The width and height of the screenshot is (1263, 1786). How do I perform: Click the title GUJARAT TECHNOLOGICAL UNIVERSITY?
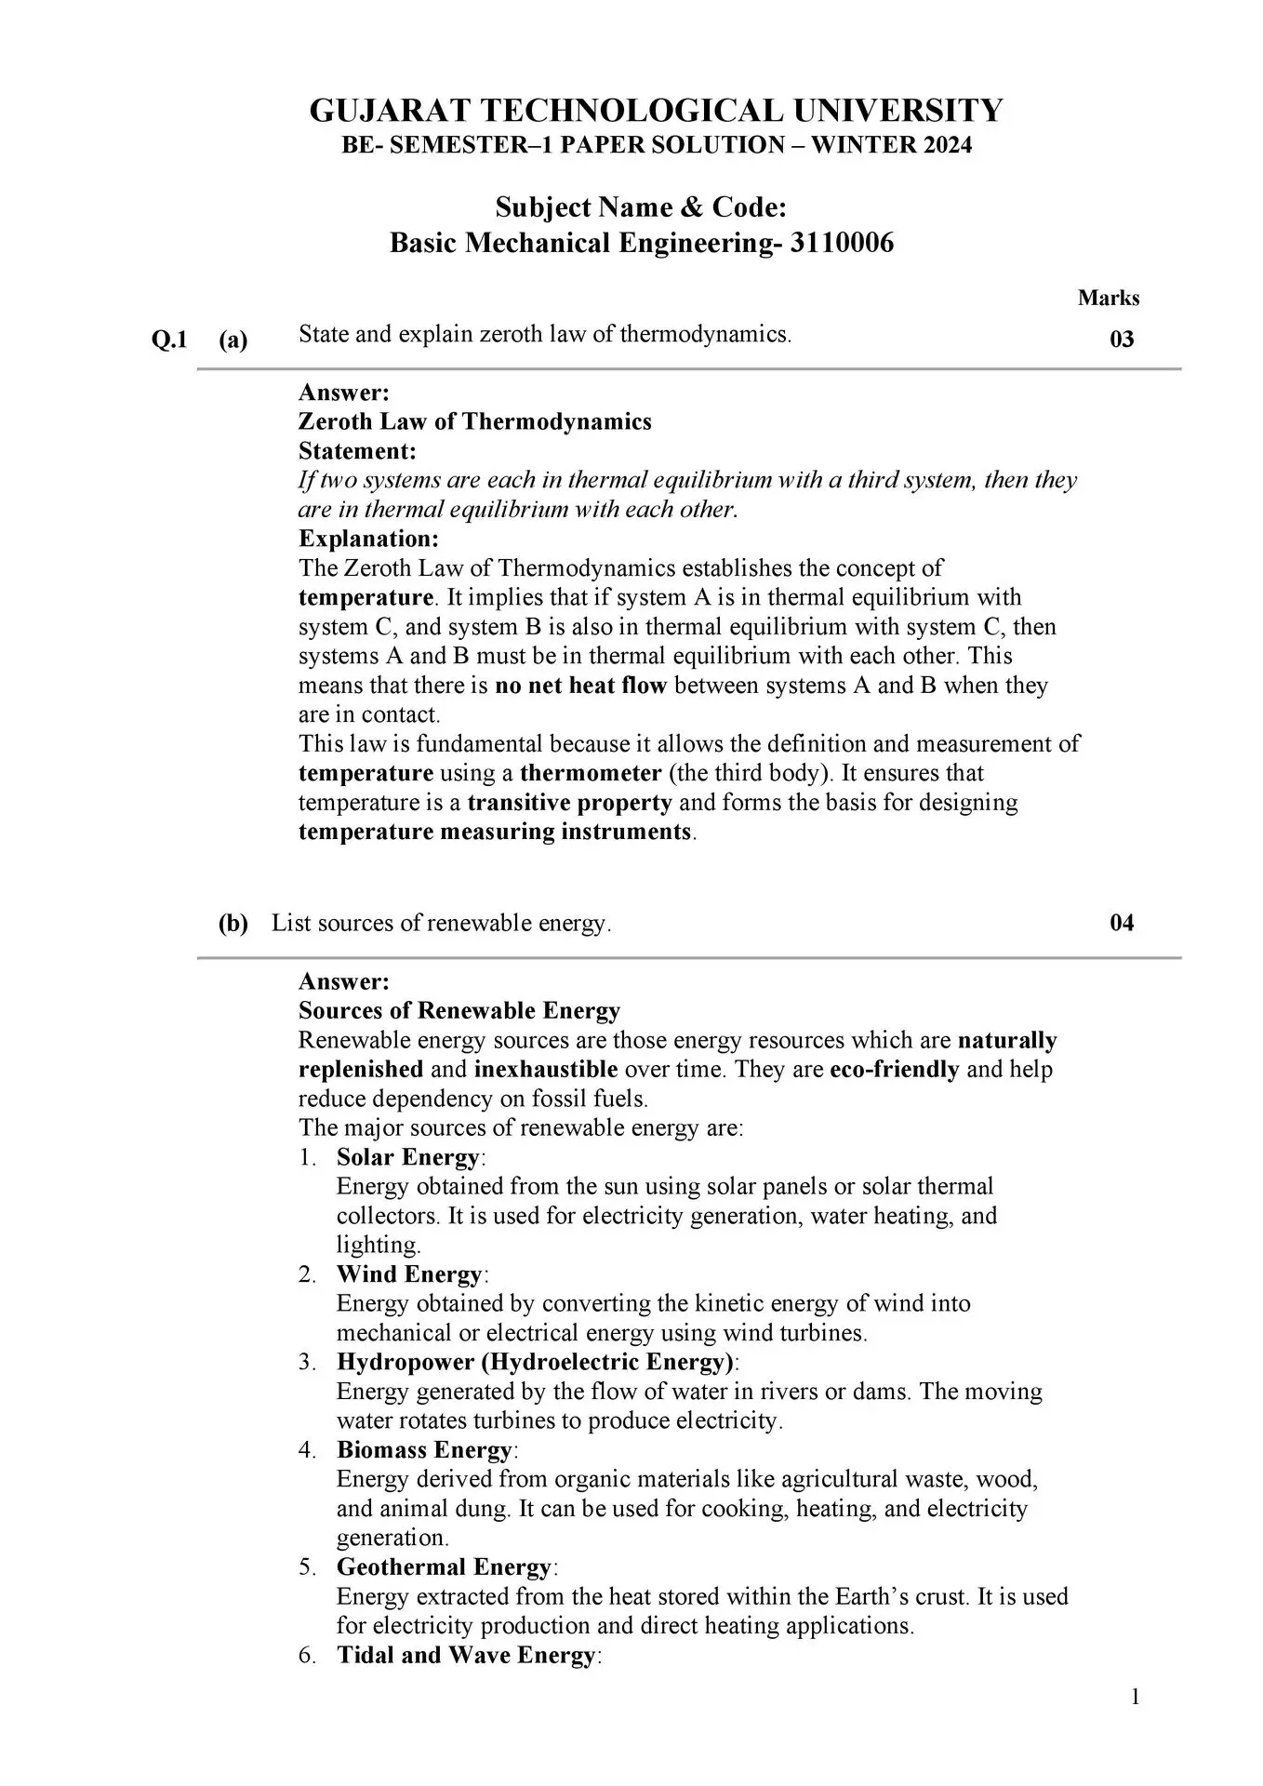656,111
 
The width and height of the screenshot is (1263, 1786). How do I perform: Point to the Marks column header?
1109,299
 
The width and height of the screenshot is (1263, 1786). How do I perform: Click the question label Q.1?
169,340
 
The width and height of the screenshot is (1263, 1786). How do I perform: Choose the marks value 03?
1122,340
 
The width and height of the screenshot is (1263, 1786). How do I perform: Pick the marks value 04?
1122,923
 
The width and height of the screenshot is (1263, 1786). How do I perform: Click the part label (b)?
233,923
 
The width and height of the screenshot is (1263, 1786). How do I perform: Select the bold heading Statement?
357,451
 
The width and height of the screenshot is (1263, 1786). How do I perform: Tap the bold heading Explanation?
368,539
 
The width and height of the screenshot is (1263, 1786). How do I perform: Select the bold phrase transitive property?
569,803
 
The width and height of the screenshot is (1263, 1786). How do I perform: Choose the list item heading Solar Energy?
408,1158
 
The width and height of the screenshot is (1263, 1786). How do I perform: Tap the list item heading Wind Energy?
409,1274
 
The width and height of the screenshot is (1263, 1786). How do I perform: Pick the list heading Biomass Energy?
424,1450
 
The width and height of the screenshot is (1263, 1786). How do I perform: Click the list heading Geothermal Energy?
444,1567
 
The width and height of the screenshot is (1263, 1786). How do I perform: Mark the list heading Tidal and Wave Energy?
466,1655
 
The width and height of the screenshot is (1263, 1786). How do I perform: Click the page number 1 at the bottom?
1135,1698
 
